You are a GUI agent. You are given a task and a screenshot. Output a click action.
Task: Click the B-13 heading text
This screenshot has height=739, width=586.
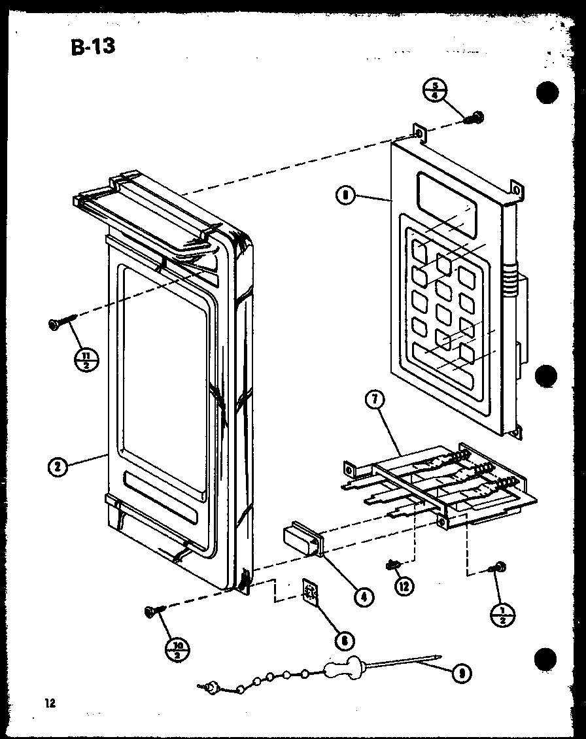coord(91,47)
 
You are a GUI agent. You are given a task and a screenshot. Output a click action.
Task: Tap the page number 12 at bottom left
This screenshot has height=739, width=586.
coord(50,704)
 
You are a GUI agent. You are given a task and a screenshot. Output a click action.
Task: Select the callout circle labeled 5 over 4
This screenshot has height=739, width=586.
coord(434,88)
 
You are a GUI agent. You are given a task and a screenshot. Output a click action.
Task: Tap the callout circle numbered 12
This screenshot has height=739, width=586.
coord(405,585)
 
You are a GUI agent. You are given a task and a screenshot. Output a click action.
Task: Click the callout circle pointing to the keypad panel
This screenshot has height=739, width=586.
coord(345,194)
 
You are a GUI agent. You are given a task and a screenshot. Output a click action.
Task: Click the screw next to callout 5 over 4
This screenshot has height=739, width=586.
coord(475,118)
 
